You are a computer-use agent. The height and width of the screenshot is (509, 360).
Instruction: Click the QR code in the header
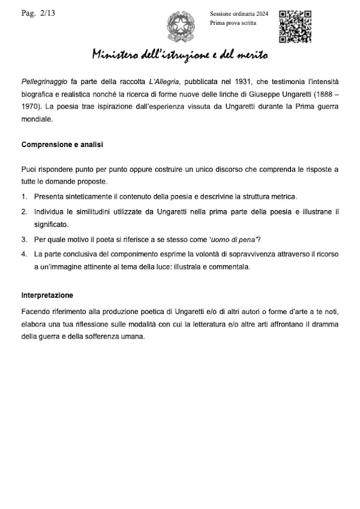295,25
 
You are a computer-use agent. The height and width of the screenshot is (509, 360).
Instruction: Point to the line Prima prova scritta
233,23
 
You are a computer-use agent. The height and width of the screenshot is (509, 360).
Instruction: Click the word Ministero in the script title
117,55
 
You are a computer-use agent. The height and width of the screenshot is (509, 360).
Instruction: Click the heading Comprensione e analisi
64,145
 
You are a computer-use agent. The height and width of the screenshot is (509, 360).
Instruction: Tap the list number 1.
24,197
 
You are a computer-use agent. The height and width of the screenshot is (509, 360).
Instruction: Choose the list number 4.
24,253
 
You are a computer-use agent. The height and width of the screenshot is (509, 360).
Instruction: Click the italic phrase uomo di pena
211,239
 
